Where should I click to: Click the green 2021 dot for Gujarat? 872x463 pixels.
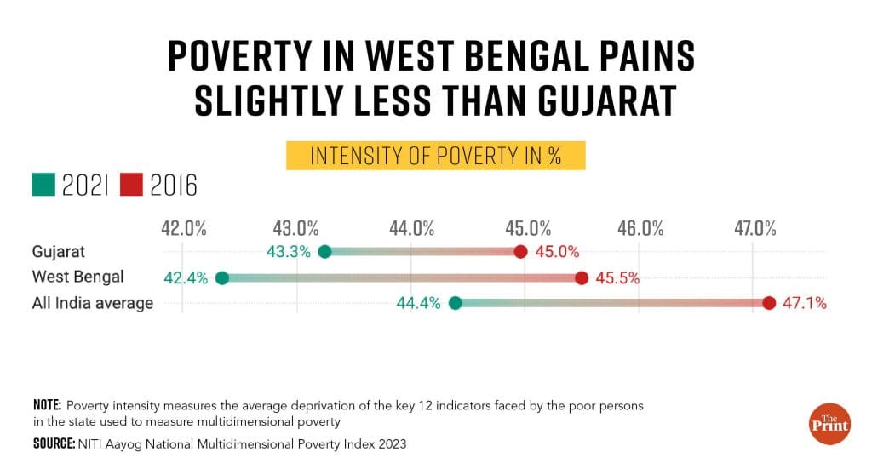(324, 251)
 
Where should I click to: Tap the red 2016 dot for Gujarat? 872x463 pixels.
(521, 251)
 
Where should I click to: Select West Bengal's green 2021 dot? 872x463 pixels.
(222, 277)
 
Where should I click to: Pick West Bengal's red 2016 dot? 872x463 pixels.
(582, 277)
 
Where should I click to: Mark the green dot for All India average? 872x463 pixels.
(455, 303)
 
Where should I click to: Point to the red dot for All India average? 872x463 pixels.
(769, 303)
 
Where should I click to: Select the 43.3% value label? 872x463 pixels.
(289, 251)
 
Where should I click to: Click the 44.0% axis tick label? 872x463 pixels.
(411, 228)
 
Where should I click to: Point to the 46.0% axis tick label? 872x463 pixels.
(640, 228)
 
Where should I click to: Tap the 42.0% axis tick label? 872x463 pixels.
(183, 228)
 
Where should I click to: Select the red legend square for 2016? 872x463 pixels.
(131, 185)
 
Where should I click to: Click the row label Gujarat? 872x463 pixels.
(59, 251)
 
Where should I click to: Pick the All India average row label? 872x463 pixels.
(92, 303)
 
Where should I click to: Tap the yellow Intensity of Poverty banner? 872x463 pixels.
(435, 157)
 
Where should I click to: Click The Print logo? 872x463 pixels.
(829, 421)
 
